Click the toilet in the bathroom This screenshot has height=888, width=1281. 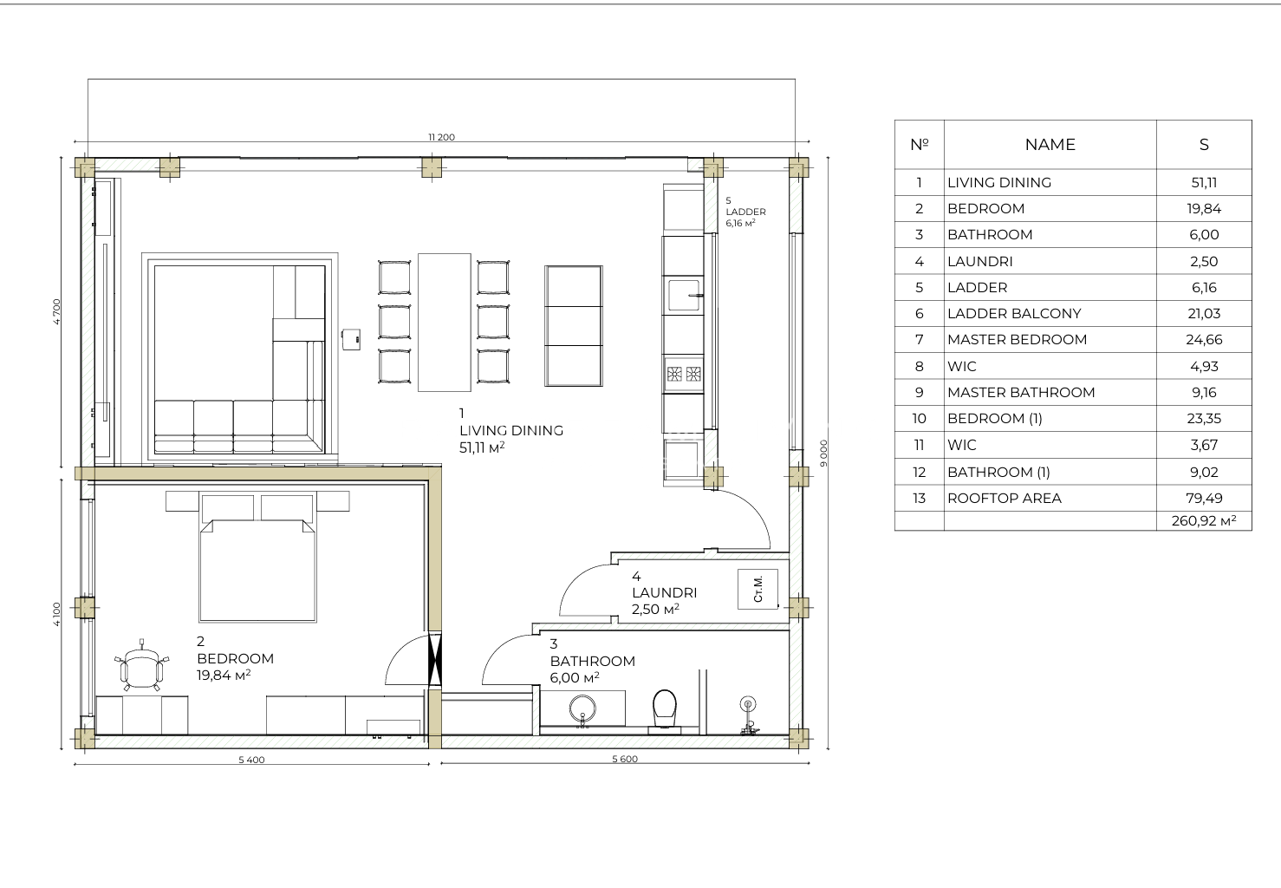(664, 710)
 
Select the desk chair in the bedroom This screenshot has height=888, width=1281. (141, 665)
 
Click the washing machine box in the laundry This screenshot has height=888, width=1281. (758, 590)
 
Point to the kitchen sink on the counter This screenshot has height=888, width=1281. (685, 295)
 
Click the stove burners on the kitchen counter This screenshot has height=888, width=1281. (684, 375)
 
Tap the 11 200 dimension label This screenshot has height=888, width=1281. (441, 137)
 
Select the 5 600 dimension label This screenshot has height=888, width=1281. (625, 760)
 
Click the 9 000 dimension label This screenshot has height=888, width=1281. (823, 454)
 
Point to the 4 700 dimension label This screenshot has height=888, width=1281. (56, 312)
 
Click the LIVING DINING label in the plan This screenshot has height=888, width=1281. (511, 431)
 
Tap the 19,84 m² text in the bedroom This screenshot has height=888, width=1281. (224, 676)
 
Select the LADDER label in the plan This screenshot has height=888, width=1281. (745, 212)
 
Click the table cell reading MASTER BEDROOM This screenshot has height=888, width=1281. (1017, 340)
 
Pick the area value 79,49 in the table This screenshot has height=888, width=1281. (1204, 499)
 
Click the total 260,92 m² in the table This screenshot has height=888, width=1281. (1204, 521)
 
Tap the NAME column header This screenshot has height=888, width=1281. (1050, 145)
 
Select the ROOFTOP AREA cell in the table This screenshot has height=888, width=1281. (1005, 499)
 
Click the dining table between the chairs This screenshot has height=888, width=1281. (445, 322)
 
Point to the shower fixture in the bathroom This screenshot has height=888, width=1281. (748, 715)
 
